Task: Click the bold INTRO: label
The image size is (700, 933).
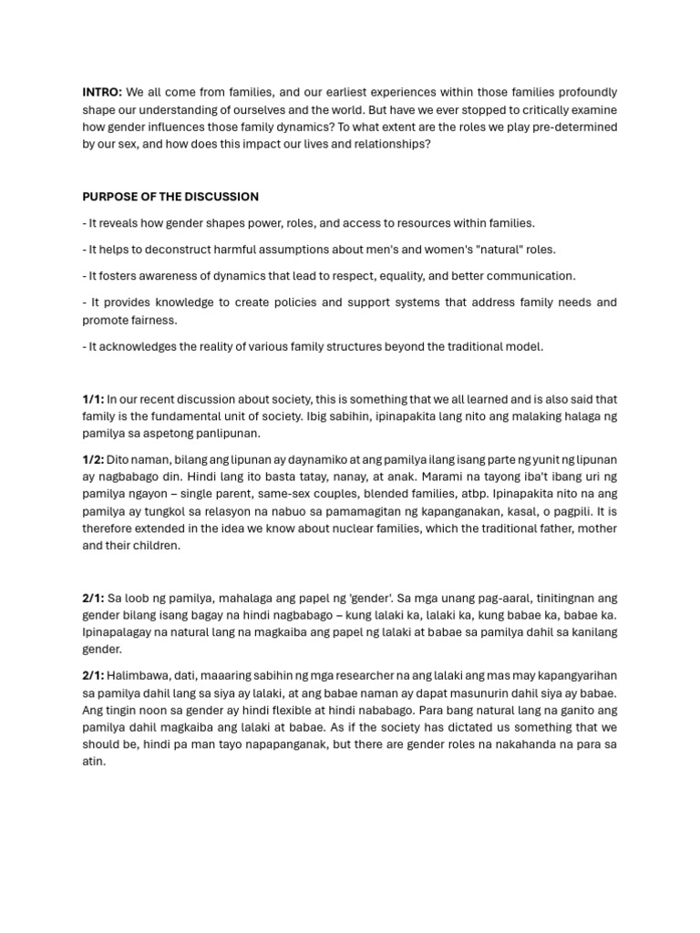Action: coord(102,92)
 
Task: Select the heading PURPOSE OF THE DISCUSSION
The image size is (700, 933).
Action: coord(170,197)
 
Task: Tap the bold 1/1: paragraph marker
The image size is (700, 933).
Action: coord(93,399)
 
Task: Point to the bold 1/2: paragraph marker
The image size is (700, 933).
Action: coord(93,460)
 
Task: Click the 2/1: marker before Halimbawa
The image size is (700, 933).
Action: coord(93,675)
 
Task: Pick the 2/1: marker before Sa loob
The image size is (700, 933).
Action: coord(93,599)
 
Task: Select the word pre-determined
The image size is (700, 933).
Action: coord(573,127)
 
